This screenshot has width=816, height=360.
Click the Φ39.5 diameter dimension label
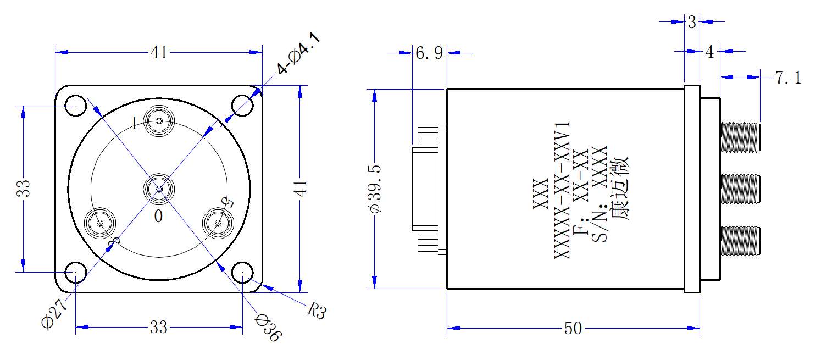pyautogui.click(x=375, y=189)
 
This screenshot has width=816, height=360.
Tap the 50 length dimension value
pyautogui.click(x=573, y=328)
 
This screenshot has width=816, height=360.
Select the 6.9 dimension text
pyautogui.click(x=429, y=53)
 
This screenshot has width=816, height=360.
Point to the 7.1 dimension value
pyautogui.click(x=789, y=77)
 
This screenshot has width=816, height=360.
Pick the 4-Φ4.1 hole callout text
pyautogui.click(x=298, y=53)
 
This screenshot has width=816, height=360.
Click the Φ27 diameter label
pyautogui.click(x=54, y=313)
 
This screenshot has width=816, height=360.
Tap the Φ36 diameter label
pyautogui.click(x=268, y=328)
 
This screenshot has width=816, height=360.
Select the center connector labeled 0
pyautogui.click(x=159, y=189)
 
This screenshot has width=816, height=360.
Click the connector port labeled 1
pyautogui.click(x=159, y=121)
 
